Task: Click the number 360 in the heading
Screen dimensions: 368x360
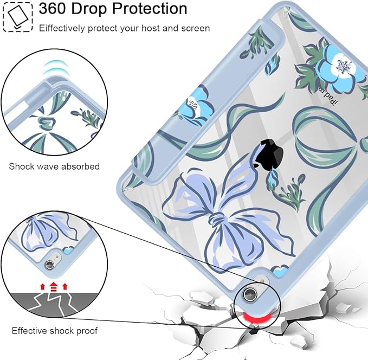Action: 53,9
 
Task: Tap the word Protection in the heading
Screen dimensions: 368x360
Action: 150,9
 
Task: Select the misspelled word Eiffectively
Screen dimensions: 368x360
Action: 62,28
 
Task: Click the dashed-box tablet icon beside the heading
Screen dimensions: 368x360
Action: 17,16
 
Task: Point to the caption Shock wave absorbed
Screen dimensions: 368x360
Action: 54,166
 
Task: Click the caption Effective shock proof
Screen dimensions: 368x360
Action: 54,331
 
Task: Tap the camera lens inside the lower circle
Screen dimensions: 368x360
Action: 50,264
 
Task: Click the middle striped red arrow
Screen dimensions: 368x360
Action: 54,286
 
